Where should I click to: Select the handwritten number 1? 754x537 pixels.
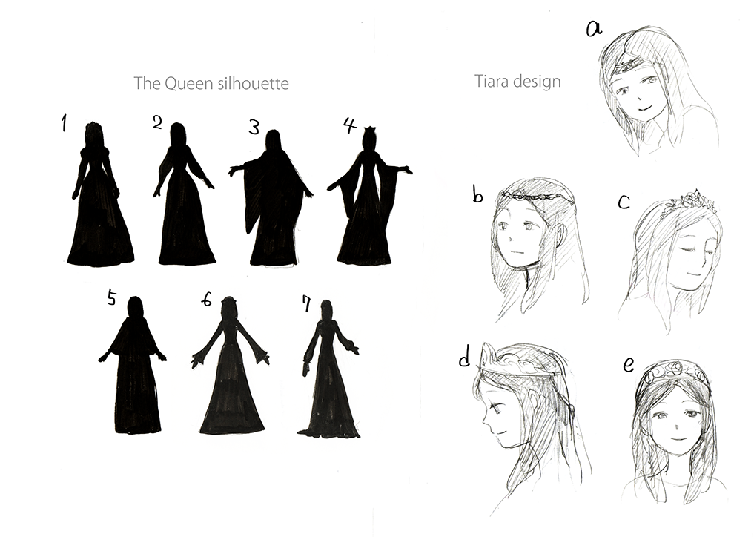pyautogui.click(x=64, y=123)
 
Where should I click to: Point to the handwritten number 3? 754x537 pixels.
pyautogui.click(x=254, y=128)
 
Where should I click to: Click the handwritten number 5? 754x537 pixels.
pyautogui.click(x=111, y=298)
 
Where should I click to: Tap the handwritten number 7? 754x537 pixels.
pyautogui.click(x=306, y=303)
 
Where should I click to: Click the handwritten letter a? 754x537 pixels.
pyautogui.click(x=594, y=30)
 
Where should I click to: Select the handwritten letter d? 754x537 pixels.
pyautogui.click(x=465, y=357)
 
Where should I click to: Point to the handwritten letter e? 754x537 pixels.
pyautogui.click(x=629, y=365)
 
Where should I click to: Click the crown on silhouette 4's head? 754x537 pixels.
pyautogui.click(x=370, y=130)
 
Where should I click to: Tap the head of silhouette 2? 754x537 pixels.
pyautogui.click(x=178, y=134)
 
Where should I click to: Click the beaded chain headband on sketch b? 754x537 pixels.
pyautogui.click(x=534, y=196)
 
